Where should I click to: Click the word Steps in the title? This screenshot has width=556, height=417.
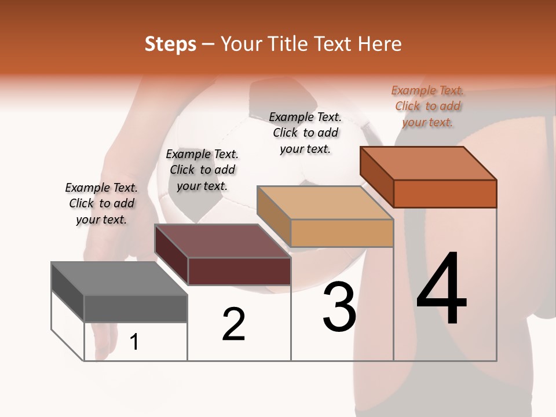[x=170, y=44]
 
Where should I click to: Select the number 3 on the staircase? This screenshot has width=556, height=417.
[x=339, y=307]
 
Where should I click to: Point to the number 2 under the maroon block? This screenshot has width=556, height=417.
[x=233, y=324]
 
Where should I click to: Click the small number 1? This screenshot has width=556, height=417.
[x=134, y=342]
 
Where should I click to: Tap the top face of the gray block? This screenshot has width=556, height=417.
[x=119, y=279]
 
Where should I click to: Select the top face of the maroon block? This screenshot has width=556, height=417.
[x=222, y=241]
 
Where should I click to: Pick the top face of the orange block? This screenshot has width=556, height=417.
[x=429, y=163]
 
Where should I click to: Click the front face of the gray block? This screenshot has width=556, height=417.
[x=136, y=309]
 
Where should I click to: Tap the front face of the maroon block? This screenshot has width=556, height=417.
[x=239, y=271]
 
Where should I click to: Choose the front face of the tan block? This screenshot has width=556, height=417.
[x=342, y=233]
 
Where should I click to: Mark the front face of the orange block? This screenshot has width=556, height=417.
[x=445, y=193]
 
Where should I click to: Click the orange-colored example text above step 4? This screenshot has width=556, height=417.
[x=427, y=106]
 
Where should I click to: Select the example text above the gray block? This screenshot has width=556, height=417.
[x=101, y=203]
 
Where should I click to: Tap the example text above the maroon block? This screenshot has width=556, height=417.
[x=202, y=170]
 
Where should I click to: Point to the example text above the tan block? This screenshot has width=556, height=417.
[x=305, y=133]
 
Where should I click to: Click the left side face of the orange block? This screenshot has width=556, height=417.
[x=377, y=176]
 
